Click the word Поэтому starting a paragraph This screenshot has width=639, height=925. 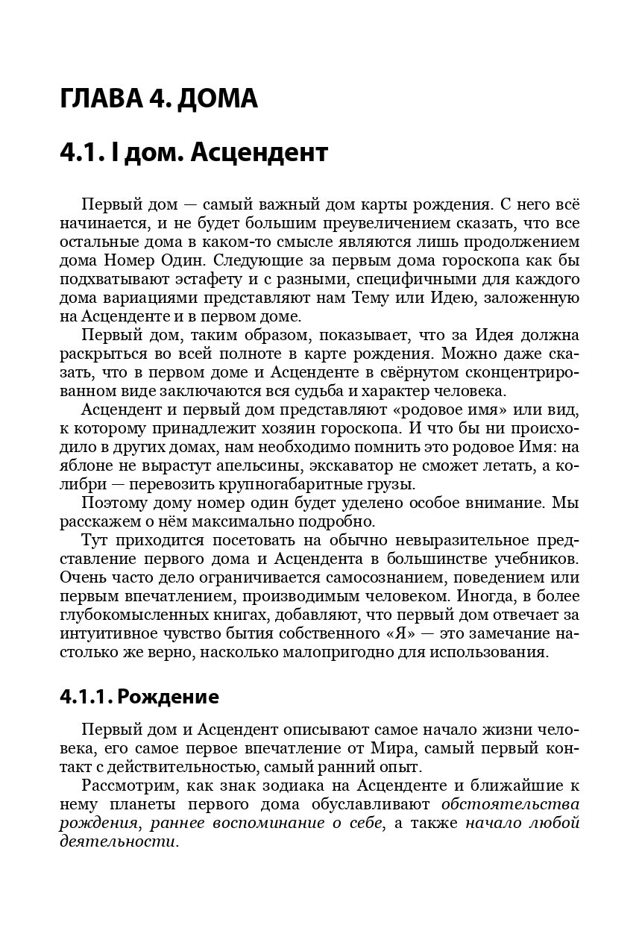coord(115,502)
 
